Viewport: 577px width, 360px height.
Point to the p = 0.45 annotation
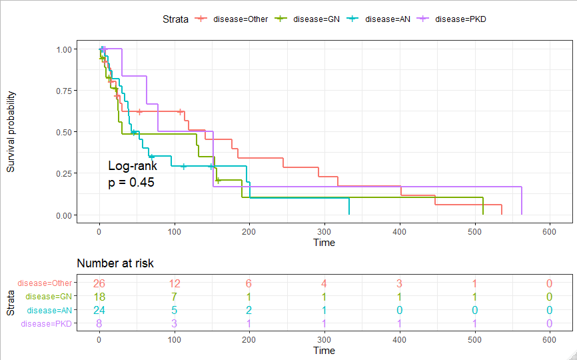[x=131, y=182]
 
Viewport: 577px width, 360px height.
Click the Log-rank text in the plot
[x=133, y=166]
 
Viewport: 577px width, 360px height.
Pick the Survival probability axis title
[x=11, y=132]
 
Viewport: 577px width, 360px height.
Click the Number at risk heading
[x=115, y=263]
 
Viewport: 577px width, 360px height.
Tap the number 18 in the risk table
[x=99, y=296]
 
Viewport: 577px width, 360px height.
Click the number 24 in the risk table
[x=99, y=310]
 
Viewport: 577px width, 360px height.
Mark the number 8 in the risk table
[x=99, y=324]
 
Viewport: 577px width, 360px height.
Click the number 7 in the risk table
[x=174, y=296]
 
